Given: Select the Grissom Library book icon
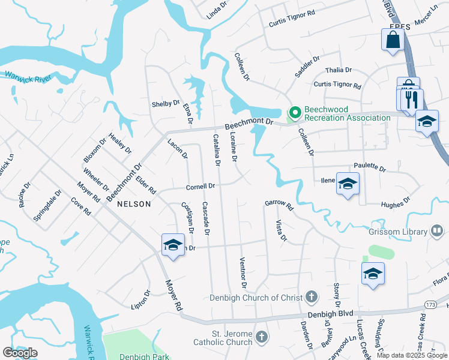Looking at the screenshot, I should coord(437,231).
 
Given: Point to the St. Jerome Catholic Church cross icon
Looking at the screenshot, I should coord(261,337).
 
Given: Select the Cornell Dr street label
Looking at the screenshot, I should coord(200,186).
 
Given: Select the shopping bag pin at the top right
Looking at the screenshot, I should coord(393,40).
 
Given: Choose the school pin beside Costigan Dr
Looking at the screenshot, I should coord(173,245).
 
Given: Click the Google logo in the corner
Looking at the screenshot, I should coord(20,353).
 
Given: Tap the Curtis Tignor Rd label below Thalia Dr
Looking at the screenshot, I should coord(337,86).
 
